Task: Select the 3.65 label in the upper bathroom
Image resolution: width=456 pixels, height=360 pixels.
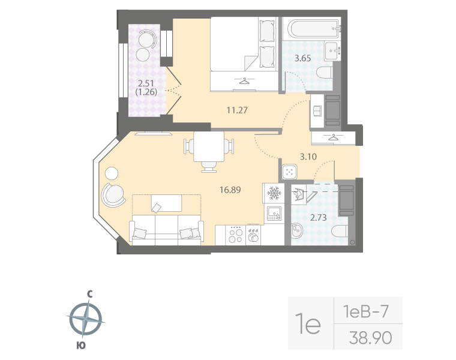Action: coord(302,58)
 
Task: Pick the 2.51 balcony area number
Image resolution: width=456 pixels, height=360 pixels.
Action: coord(146,83)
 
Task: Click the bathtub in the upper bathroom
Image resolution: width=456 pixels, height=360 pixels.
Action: coord(312,28)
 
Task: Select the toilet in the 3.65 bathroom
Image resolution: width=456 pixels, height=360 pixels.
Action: coord(324,73)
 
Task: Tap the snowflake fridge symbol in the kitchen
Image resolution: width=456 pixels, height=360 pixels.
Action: coord(274,193)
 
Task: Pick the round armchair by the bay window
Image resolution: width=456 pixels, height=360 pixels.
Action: coord(113,193)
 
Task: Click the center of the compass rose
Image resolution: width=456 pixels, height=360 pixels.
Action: coord(88,319)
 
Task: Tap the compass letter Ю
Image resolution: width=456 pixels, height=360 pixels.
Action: coord(80,344)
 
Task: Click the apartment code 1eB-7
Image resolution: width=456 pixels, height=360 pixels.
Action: coord(367,311)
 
